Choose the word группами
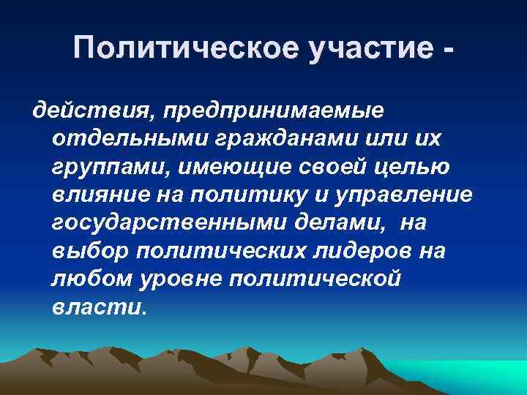coord(105,168)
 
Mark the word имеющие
coord(231,168)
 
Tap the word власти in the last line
coord(98,306)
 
